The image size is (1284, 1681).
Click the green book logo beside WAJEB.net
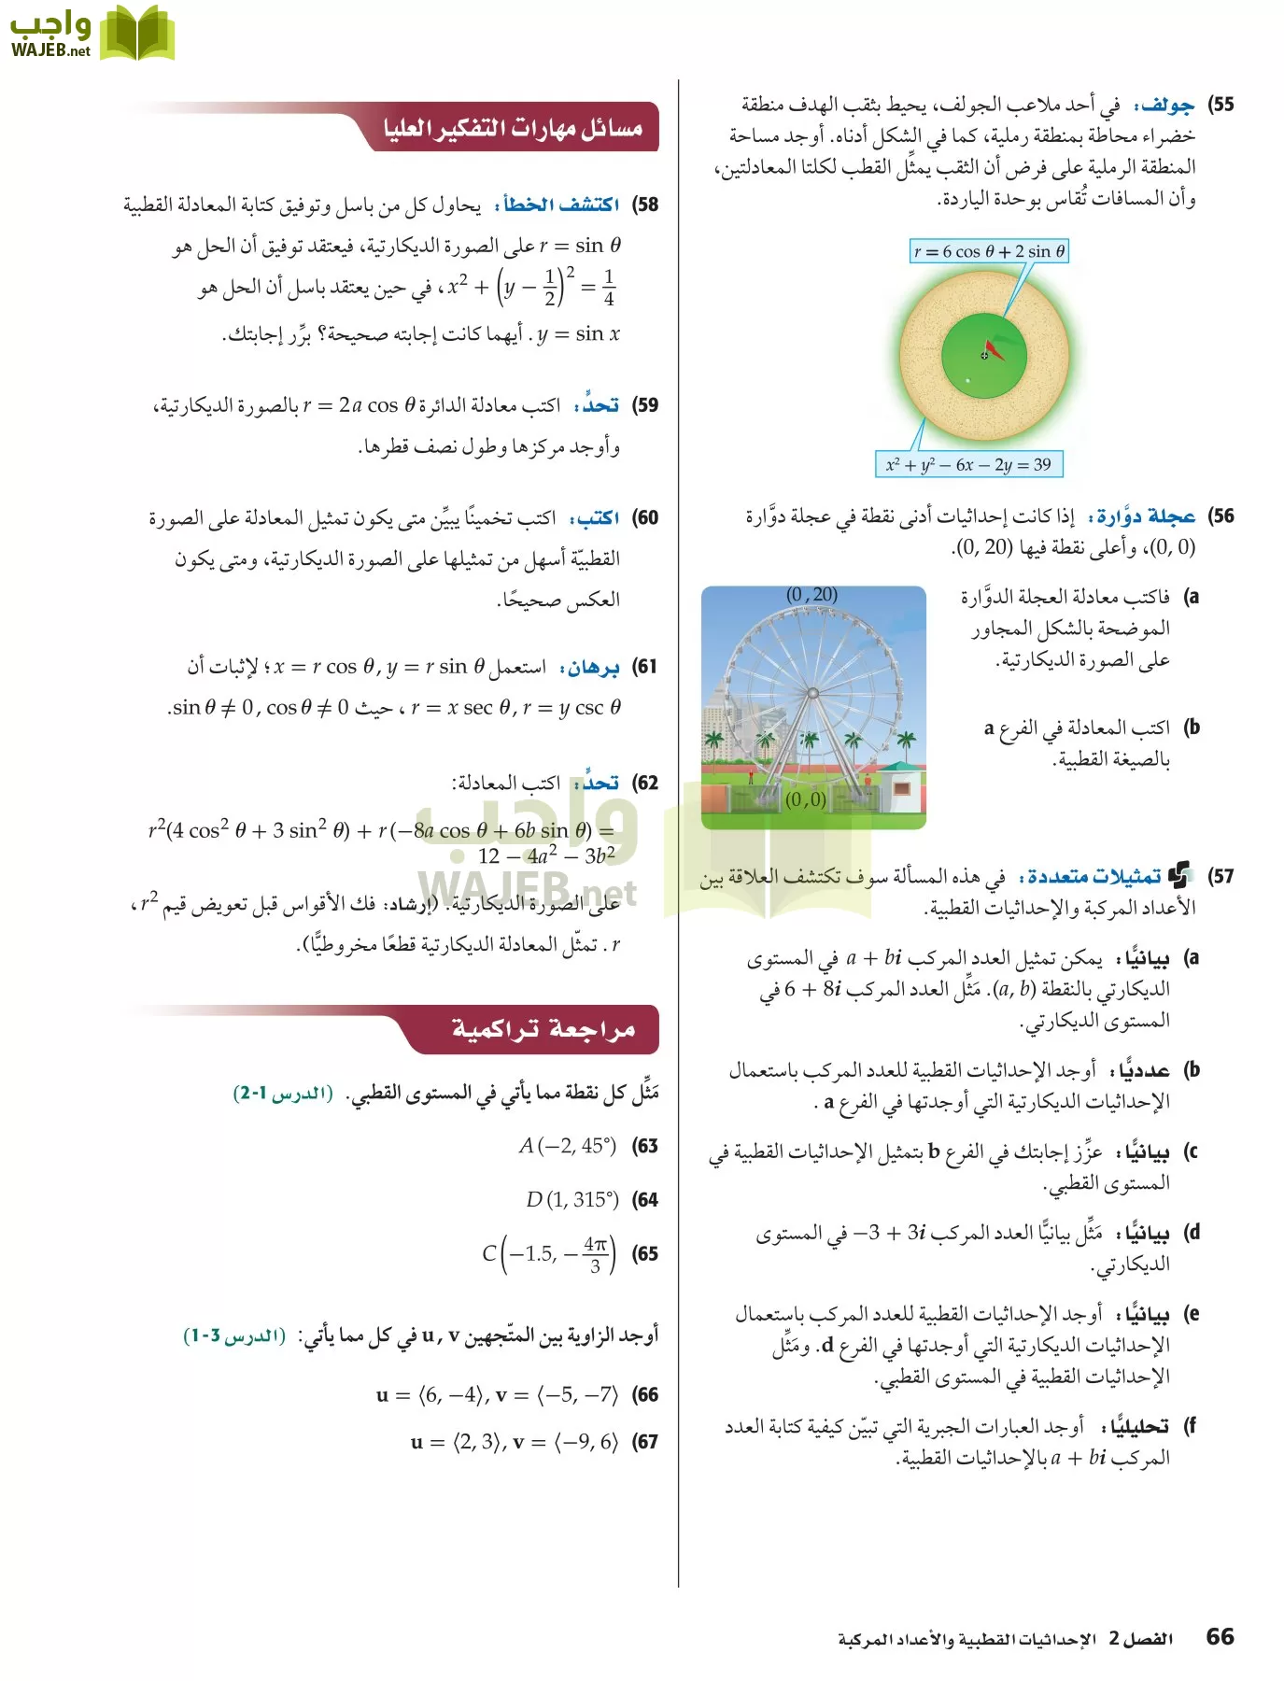pos(136,34)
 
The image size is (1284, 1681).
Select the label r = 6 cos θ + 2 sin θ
pos(990,251)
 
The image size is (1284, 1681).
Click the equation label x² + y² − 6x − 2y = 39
pos(968,464)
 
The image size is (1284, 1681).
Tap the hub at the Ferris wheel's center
pos(812,693)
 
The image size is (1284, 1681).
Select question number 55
pos(1221,105)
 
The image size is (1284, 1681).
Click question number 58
pos(645,205)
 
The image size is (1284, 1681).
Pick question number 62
pos(645,783)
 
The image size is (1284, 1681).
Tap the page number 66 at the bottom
pos(1220,1636)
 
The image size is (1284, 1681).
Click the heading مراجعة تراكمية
pos(543,1029)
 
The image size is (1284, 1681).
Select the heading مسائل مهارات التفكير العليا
pos(513,128)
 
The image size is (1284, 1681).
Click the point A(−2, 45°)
pos(568,1146)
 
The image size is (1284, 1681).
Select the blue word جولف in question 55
pos(1167,105)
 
